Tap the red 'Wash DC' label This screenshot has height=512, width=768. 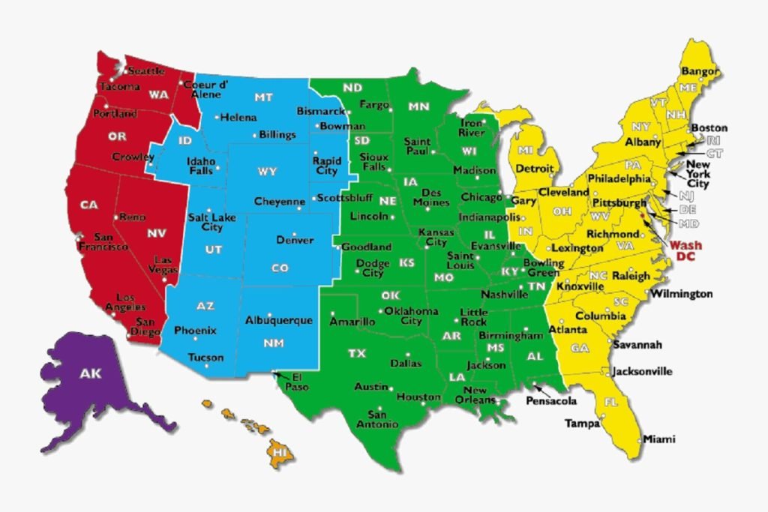tap(685, 250)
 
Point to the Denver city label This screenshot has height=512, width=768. tap(295, 241)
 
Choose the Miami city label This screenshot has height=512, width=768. tap(659, 439)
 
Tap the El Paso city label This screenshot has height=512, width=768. tap(301, 381)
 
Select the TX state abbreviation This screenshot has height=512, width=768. tap(357, 353)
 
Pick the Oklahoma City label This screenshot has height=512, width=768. tap(411, 316)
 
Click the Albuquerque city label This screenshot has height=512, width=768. tap(278, 320)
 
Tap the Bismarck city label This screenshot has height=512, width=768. tap(319, 111)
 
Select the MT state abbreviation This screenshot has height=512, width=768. tap(263, 97)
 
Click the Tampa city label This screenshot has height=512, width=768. tap(582, 424)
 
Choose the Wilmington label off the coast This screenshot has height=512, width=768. tap(682, 294)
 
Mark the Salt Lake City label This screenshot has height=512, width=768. tap(206, 222)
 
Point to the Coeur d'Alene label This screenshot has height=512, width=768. tap(202, 89)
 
